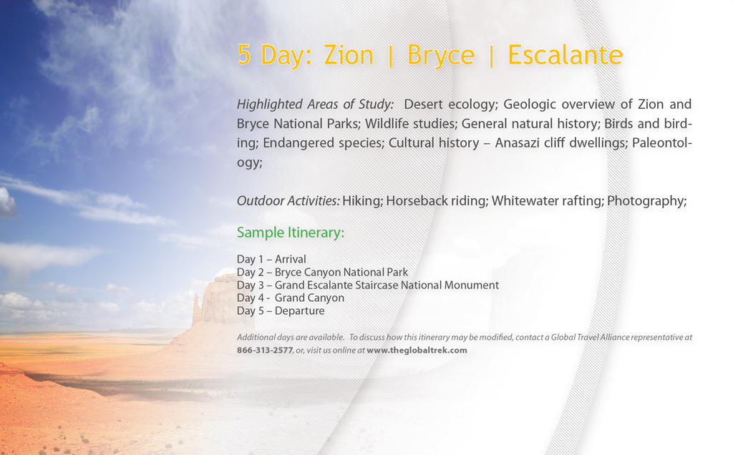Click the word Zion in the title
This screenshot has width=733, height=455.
[x=349, y=54]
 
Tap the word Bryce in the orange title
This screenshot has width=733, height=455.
[x=441, y=56]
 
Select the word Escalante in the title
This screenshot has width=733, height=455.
[x=565, y=54]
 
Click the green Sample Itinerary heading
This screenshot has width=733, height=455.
[x=291, y=233]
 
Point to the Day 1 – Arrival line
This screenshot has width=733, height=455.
[x=271, y=259]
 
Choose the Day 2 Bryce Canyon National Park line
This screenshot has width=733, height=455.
[x=322, y=273]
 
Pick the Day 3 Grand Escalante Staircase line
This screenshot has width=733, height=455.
[x=368, y=285]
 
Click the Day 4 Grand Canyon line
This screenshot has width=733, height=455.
[x=291, y=298]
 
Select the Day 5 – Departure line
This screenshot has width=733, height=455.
[x=281, y=311]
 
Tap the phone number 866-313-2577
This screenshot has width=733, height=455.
[x=265, y=351]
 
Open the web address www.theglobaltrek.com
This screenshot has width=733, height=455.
[x=417, y=351]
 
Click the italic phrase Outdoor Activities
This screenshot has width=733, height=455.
[x=288, y=201]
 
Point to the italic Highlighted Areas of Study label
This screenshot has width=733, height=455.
[x=315, y=104]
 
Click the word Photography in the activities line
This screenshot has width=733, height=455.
[x=647, y=201]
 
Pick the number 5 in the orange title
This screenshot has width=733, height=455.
[x=243, y=54]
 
